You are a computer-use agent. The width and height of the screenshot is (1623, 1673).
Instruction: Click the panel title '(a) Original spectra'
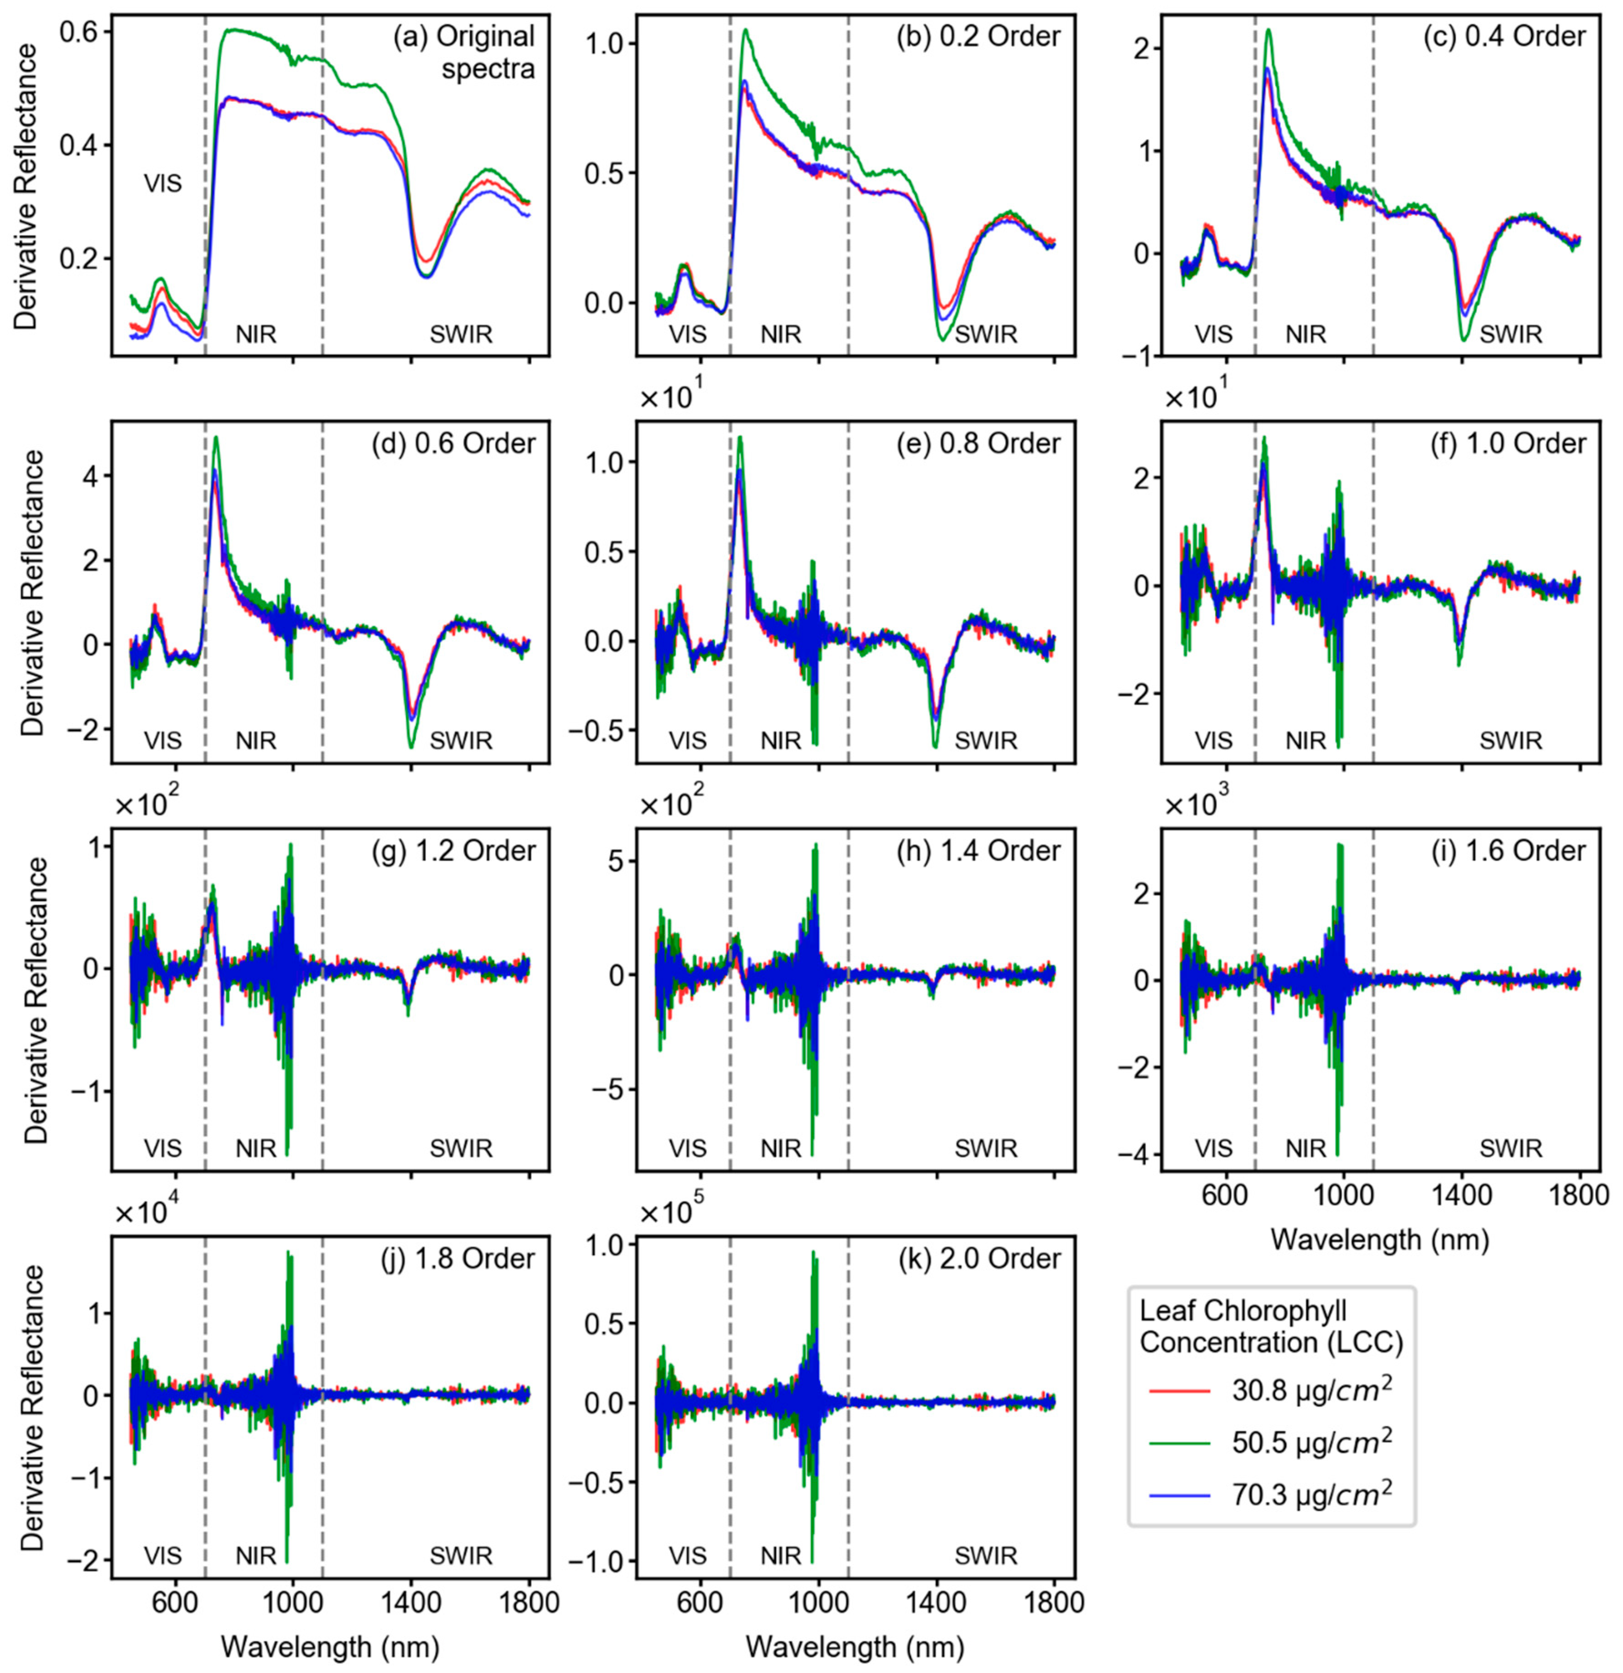[x=463, y=51]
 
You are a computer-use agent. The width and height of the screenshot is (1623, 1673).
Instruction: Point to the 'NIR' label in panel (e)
[x=781, y=741]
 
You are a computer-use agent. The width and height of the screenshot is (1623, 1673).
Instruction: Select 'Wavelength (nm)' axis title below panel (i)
[x=1380, y=1238]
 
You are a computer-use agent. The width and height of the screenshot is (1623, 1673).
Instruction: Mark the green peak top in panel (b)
[x=744, y=30]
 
